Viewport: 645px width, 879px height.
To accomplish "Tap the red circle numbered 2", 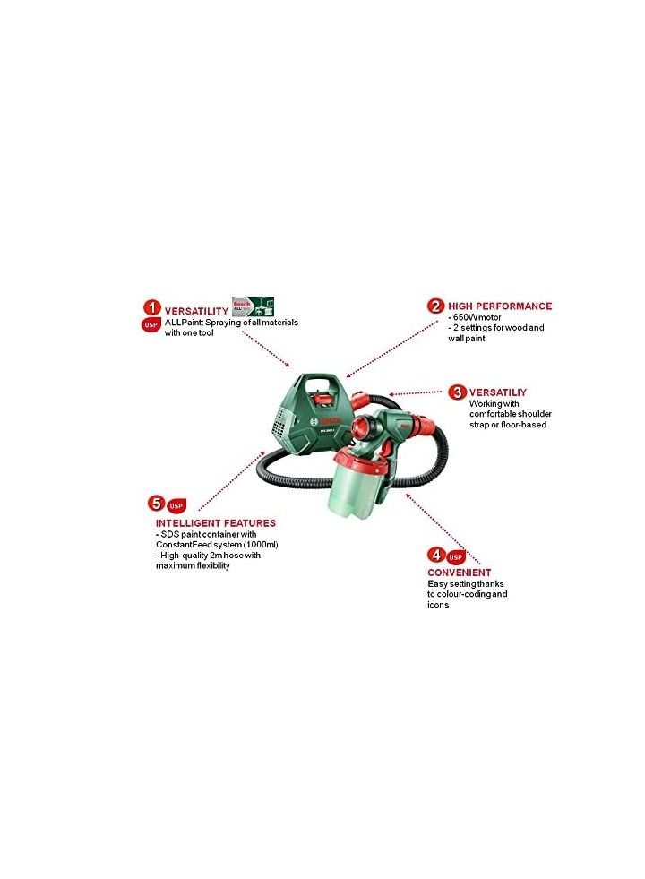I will (435, 306).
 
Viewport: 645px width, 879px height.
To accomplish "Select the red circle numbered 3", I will (457, 392).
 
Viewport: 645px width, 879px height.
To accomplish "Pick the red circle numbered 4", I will (434, 555).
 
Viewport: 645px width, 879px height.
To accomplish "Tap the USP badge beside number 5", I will (176, 505).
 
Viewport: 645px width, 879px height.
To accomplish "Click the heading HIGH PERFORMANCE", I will (500, 306).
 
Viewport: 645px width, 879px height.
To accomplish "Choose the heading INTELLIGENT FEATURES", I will (216, 522).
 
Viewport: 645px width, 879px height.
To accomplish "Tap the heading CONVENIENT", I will (460, 572).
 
